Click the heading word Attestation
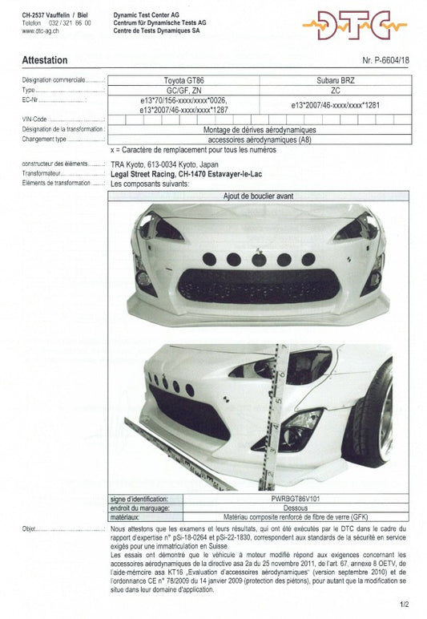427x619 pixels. tap(45, 60)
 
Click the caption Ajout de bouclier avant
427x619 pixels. tap(258, 195)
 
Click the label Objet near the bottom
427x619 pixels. tap(30, 529)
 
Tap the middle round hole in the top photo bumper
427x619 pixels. tap(258, 259)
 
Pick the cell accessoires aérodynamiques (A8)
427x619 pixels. tap(260, 139)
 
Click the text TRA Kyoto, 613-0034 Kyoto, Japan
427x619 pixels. tap(164, 164)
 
